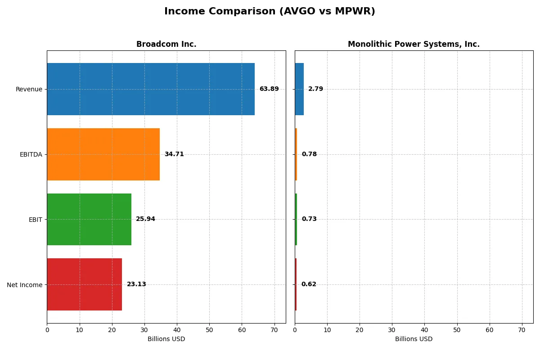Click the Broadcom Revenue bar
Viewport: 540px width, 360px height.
click(151, 89)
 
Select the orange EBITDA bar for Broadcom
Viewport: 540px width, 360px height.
click(103, 154)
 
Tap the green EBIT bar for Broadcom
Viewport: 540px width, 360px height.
click(89, 219)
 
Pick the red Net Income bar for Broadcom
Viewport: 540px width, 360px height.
click(85, 284)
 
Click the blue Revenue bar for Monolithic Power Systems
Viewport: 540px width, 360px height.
click(299, 89)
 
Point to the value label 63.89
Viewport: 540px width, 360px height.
click(269, 89)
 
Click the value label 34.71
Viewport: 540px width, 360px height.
click(174, 154)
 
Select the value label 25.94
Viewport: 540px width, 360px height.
click(145, 219)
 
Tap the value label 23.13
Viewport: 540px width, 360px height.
click(136, 284)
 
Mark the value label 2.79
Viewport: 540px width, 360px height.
click(315, 89)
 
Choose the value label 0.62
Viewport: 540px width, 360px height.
click(309, 284)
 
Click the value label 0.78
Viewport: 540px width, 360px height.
click(309, 154)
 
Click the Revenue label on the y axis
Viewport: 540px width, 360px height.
click(29, 89)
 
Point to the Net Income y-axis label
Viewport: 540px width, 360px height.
click(25, 284)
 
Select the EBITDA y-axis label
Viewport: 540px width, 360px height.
click(31, 154)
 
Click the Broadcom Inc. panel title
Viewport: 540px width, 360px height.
click(166, 45)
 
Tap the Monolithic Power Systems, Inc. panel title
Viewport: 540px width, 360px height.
click(414, 45)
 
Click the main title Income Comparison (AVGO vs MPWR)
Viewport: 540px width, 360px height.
click(270, 12)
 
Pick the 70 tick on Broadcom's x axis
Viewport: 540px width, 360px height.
click(274, 330)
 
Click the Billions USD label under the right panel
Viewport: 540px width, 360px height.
click(414, 339)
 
